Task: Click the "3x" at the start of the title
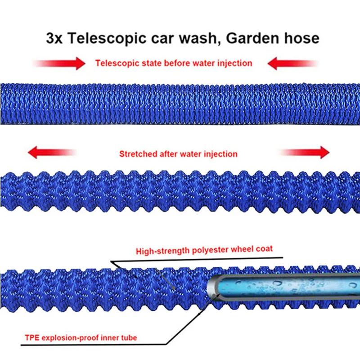[55, 38]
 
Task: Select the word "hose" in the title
[301, 38]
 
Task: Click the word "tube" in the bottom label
[127, 337]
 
